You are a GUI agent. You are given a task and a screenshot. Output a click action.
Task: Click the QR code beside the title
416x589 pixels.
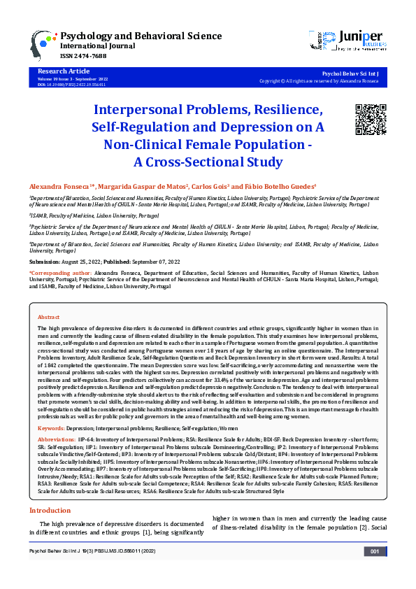coord(370,119)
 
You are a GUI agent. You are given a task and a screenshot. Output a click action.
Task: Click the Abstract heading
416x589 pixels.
coord(48,317)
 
